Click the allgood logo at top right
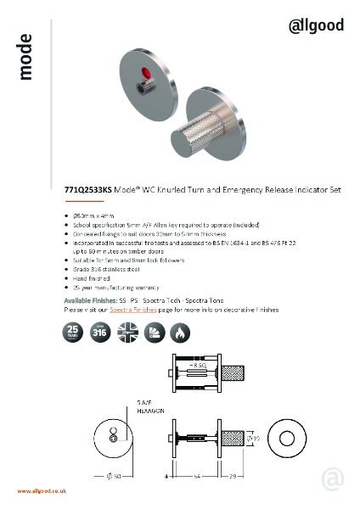pyautogui.click(x=316, y=25)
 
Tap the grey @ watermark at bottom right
pyautogui.click(x=333, y=479)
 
